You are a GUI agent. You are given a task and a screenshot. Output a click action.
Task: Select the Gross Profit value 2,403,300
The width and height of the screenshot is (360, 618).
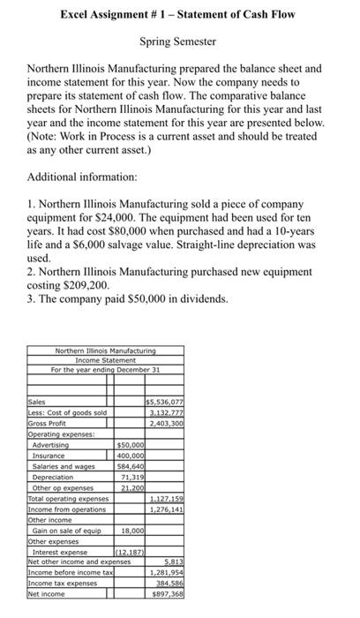pos(165,422)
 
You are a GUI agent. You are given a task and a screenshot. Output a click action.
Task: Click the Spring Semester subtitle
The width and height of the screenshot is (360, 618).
pos(179,41)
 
